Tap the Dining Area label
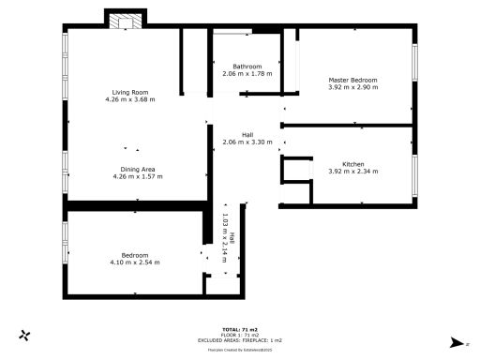coord(133,169)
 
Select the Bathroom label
coord(247,66)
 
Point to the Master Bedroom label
coord(353,80)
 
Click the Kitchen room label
coord(353,164)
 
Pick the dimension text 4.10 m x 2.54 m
coord(134,262)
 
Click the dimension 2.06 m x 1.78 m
coord(247,73)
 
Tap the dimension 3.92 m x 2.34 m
coord(353,172)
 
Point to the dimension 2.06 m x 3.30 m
coord(247,142)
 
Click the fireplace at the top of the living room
coord(126,21)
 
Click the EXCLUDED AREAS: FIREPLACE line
coord(240,341)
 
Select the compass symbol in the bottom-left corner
coord(26,335)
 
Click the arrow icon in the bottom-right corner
coord(457,342)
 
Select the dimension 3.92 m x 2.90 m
coord(353,87)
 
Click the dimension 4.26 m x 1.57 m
coord(133,176)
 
